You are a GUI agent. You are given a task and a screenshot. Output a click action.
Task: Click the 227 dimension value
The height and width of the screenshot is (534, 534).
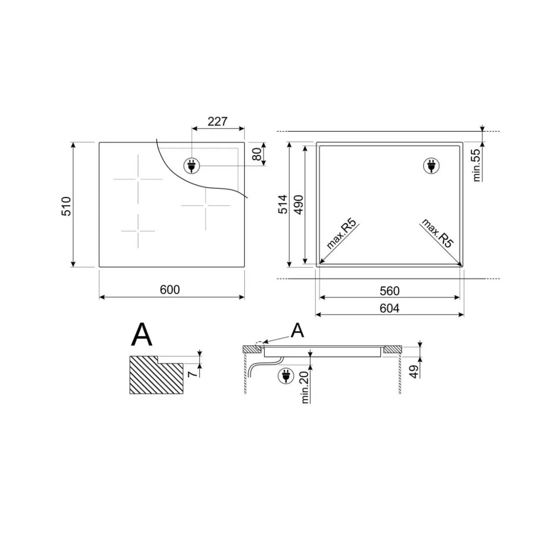click(217, 121)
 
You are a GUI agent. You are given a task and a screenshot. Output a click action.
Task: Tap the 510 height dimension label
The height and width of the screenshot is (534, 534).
click(66, 206)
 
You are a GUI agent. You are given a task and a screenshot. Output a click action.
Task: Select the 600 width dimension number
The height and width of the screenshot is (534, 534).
click(170, 289)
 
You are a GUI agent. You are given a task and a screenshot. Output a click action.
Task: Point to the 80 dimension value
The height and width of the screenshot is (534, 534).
click(258, 154)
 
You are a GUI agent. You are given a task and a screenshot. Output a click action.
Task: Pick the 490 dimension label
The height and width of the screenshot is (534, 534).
click(299, 205)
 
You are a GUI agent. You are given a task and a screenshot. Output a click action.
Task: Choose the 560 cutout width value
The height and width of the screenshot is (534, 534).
click(389, 291)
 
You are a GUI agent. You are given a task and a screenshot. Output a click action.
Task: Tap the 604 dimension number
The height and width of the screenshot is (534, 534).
click(389, 308)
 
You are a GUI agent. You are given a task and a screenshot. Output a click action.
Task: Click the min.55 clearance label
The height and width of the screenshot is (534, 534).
click(476, 165)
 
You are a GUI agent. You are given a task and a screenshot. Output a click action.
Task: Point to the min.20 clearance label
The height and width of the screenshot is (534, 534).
click(305, 388)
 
